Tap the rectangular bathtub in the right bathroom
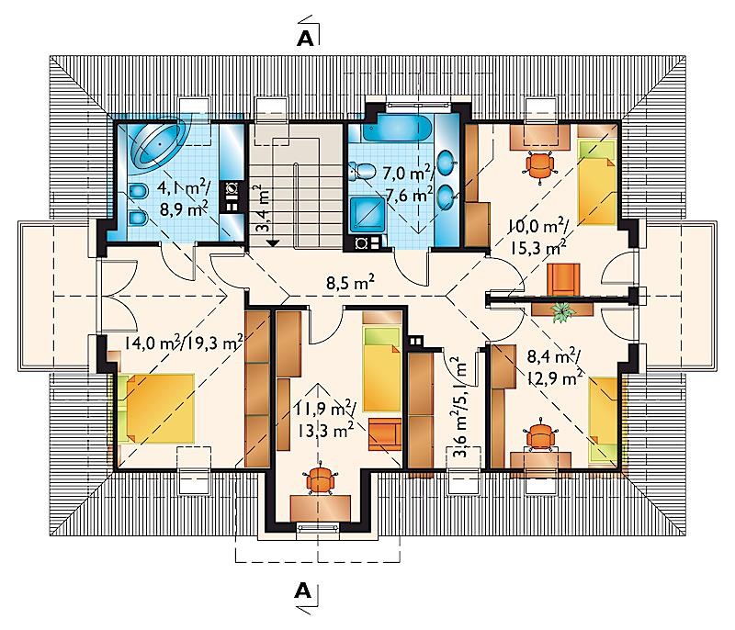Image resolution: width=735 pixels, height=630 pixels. click(x=397, y=129)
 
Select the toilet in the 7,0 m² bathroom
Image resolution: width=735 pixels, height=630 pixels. click(x=362, y=171)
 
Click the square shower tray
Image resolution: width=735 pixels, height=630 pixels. click(x=367, y=215)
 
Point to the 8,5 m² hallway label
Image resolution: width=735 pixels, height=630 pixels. click(x=351, y=283)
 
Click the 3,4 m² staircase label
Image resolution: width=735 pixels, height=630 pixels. click(x=264, y=208)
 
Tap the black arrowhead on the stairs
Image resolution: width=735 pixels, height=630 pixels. click(x=272, y=242)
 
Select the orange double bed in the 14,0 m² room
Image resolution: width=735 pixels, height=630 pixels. click(x=157, y=409)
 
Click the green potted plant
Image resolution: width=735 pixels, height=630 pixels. click(x=562, y=311)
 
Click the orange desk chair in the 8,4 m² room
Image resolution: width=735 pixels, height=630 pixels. click(x=540, y=435)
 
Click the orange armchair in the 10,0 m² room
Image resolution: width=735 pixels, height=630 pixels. click(x=563, y=279)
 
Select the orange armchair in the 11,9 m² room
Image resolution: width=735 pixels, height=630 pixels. click(x=385, y=434)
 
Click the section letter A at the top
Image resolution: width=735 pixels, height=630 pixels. click(x=305, y=39)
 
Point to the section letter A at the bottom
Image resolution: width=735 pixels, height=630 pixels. click(x=303, y=591)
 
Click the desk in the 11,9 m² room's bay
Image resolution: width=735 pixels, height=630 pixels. click(x=320, y=508)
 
